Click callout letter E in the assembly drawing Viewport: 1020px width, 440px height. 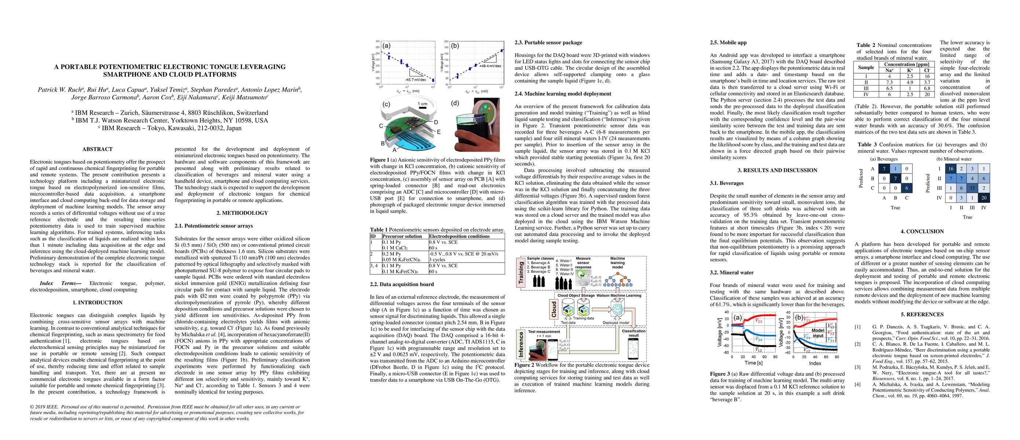[x=439, y=132]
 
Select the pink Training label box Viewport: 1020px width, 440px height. [x=521, y=272]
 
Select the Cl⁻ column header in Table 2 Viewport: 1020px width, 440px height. [x=927, y=70]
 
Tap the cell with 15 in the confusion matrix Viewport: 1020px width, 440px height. [x=972, y=188]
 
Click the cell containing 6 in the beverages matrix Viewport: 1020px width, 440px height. [x=907, y=188]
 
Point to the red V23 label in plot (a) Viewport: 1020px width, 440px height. [x=758, y=321]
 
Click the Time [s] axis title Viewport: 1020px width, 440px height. [x=753, y=363]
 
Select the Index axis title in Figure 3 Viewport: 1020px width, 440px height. [x=815, y=363]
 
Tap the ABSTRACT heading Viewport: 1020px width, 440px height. [x=98, y=149]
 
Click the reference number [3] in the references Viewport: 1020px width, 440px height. [x=857, y=367]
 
